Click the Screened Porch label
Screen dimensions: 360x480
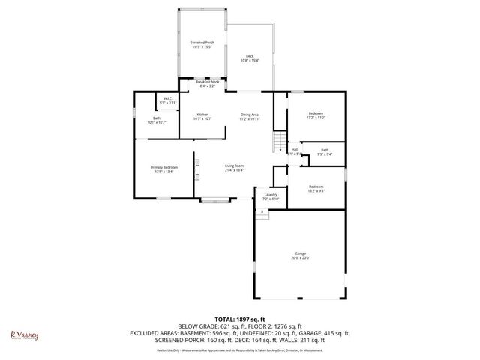(x=202, y=46)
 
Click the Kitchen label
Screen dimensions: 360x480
(x=202, y=116)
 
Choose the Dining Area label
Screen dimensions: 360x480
(x=250, y=116)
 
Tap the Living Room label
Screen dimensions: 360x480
(x=235, y=168)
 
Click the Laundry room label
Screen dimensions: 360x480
(x=271, y=197)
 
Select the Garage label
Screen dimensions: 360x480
(x=301, y=256)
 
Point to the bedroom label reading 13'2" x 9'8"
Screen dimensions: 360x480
(x=315, y=188)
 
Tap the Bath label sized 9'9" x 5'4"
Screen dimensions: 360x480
(x=324, y=152)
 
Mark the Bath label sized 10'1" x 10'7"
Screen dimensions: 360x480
(x=156, y=120)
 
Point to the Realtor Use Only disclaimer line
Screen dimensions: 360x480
(x=239, y=350)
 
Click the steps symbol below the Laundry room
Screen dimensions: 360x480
(x=262, y=214)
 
